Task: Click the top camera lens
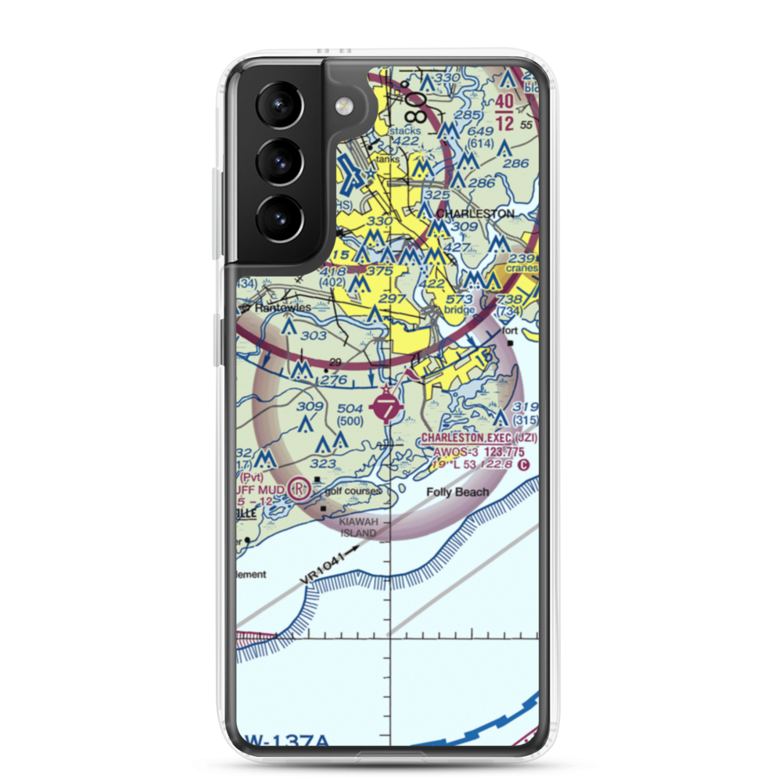280,106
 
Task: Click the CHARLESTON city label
475,213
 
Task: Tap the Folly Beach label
457,492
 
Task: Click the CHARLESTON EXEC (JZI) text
479,439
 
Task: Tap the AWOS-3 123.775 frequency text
479,452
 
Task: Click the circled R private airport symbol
299,489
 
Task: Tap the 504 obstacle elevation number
349,407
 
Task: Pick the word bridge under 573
459,310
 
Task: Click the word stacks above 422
405,131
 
